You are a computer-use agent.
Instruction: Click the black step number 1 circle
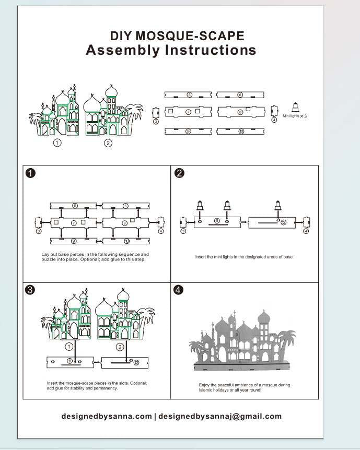click(31, 174)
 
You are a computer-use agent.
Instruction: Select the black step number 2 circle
click(179, 174)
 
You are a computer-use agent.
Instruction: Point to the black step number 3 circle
click(31, 291)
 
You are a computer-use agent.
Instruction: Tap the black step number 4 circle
click(179, 291)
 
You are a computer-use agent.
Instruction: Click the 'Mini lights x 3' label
click(295, 116)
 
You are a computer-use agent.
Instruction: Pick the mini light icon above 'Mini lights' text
click(295, 106)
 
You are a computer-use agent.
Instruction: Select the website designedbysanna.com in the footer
click(106, 416)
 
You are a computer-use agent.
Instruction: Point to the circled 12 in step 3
click(136, 362)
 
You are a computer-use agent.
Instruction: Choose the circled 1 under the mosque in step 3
click(69, 347)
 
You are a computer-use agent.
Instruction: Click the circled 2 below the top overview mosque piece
click(108, 143)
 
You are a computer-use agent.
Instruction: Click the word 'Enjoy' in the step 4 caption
click(204, 385)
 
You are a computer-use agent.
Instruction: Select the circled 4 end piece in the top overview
click(274, 120)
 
